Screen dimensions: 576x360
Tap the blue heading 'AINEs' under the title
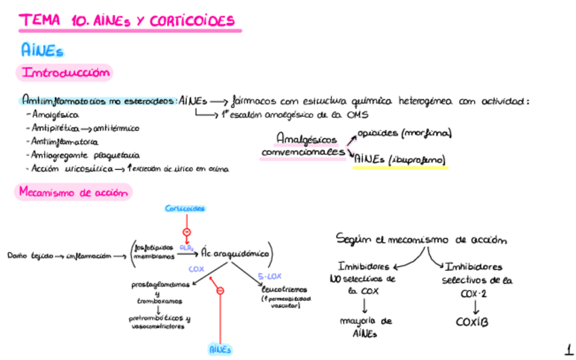(43, 50)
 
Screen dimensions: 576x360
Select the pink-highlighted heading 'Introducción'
(65, 73)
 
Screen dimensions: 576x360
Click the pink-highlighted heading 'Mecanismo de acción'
(73, 192)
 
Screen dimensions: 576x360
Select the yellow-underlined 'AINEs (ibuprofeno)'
(399, 161)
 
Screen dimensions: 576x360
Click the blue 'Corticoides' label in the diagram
(185, 209)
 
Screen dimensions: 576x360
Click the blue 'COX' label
(196, 270)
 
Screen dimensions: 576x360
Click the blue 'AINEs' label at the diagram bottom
(219, 350)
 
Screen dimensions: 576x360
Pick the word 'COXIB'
(471, 322)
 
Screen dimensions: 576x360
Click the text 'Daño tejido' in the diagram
(26, 256)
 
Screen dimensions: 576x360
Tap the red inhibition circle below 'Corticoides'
(186, 232)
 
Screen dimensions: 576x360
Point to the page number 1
(568, 350)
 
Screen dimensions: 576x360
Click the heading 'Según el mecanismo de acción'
(421, 240)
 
